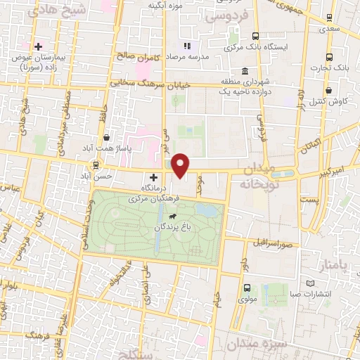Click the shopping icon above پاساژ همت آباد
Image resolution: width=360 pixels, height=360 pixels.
pyautogui.click(x=105, y=138)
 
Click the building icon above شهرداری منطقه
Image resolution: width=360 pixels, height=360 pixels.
pyautogui.click(x=244, y=71)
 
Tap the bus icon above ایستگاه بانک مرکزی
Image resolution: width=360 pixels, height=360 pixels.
pyautogui.click(x=255, y=35)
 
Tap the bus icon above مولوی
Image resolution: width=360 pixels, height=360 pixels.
pyautogui.click(x=247, y=287)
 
